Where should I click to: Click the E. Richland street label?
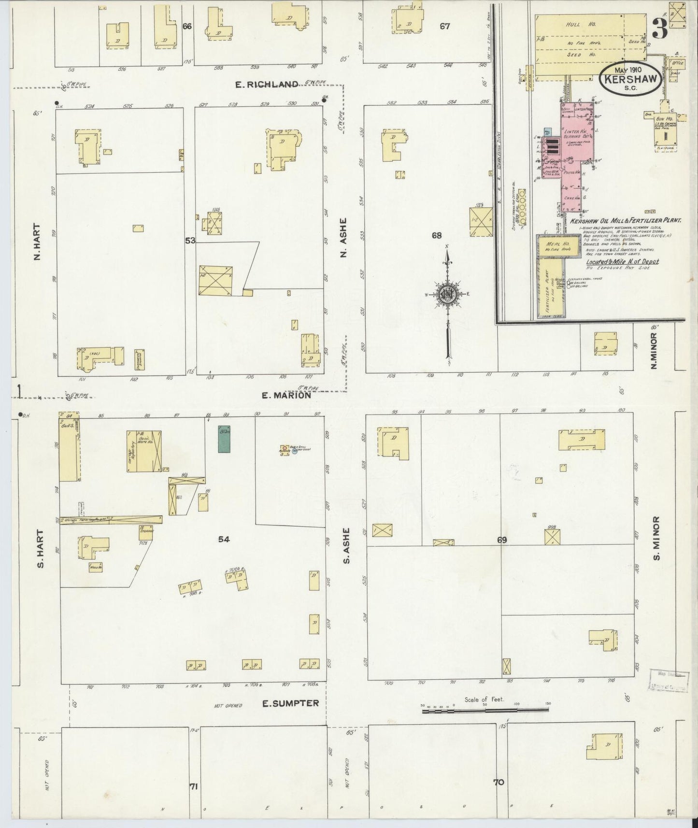(x=266, y=85)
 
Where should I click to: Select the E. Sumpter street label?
(x=290, y=703)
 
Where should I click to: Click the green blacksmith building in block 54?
(x=224, y=439)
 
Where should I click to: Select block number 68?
(x=437, y=236)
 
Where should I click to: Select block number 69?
(x=502, y=540)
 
